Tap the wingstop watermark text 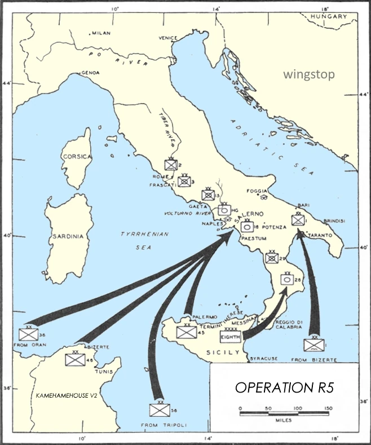[x=309, y=74]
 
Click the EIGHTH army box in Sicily [x=231, y=337]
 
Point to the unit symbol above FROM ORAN [x=28, y=333]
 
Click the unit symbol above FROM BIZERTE [x=313, y=344]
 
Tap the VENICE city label [x=167, y=38]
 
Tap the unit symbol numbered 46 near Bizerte [x=74, y=359]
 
